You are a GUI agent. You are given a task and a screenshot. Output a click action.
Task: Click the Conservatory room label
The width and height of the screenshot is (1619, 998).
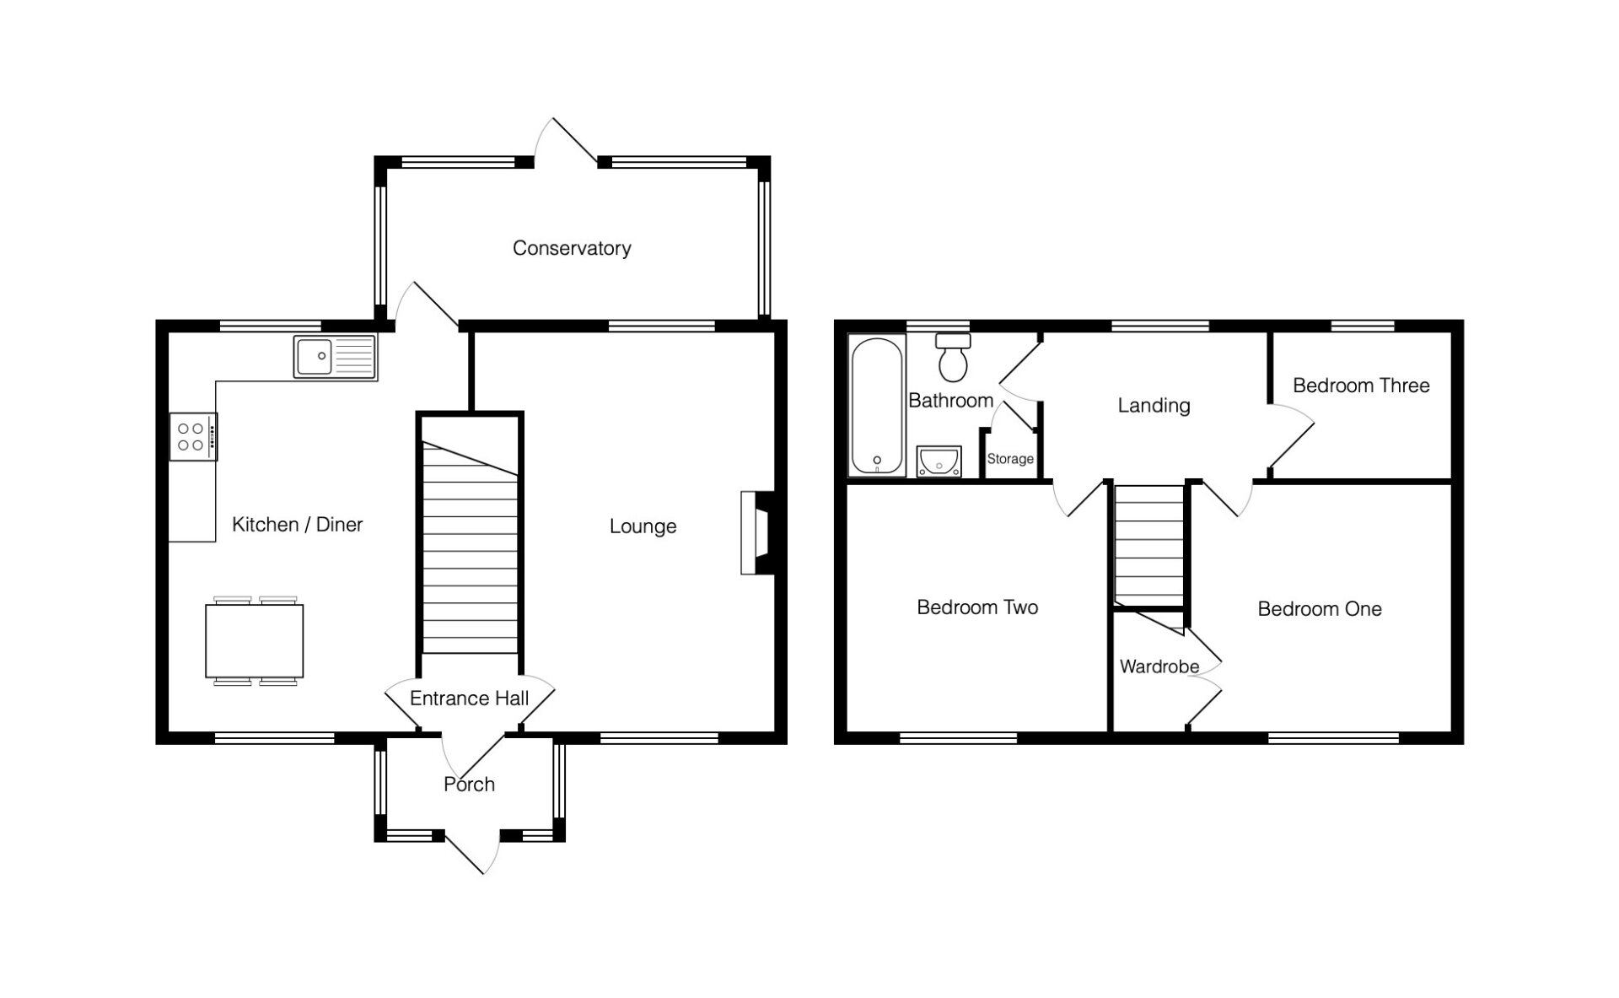(572, 248)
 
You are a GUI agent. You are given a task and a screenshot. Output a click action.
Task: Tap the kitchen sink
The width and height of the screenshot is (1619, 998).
(335, 357)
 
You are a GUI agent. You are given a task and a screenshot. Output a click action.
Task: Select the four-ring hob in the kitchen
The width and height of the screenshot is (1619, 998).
(193, 436)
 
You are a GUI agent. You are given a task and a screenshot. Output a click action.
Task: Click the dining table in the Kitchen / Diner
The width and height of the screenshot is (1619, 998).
(254, 641)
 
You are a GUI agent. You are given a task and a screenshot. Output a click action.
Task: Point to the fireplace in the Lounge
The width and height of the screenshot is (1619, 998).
(758, 532)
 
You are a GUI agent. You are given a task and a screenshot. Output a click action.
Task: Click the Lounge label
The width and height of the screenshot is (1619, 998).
(643, 526)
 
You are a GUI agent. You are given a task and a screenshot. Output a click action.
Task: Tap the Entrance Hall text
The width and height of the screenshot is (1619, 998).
(469, 699)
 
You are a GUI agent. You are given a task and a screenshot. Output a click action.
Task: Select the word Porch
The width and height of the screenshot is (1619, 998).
(469, 785)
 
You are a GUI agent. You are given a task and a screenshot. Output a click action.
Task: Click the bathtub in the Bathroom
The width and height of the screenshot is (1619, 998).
(877, 406)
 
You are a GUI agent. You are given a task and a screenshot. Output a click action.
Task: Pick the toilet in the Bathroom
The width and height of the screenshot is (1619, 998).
(954, 358)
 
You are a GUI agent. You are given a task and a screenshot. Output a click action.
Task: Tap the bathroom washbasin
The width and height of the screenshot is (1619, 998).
(939, 461)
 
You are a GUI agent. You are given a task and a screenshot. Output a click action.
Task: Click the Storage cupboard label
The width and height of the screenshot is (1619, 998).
(1010, 459)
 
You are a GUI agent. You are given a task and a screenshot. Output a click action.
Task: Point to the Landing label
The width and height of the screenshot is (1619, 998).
(1154, 406)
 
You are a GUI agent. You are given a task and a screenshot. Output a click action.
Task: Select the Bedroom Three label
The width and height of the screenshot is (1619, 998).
(1361, 386)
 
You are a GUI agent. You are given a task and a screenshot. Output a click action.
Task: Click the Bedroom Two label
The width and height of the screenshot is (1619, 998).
(977, 607)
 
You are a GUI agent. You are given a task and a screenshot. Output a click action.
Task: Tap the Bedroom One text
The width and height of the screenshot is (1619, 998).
(1320, 609)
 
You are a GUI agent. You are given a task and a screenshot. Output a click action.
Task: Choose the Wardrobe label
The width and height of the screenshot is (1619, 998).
(1159, 666)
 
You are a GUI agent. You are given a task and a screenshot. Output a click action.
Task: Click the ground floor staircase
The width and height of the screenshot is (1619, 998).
(470, 547)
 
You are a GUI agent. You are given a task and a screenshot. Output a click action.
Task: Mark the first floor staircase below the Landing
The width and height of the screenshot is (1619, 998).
(1149, 545)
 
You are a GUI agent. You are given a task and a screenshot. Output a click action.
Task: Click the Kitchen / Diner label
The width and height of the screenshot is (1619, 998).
(297, 525)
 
